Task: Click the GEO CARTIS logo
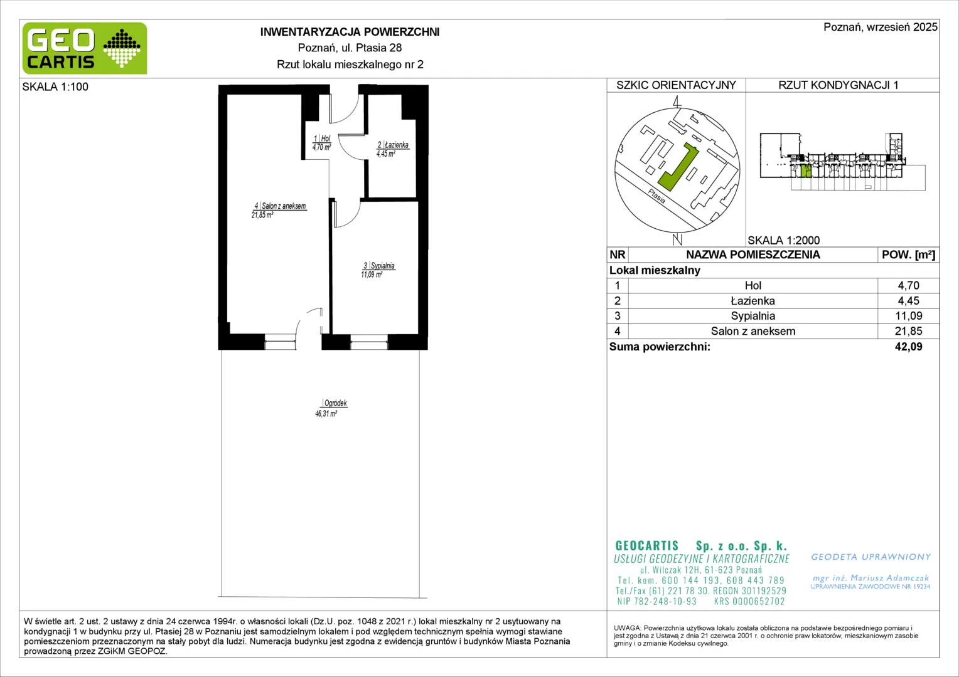85,48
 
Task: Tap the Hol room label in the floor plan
325,138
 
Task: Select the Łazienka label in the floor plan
397,145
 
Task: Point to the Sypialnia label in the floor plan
382,266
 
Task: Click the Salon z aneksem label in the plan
284,206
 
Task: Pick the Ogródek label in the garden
336,403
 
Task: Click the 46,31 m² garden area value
326,414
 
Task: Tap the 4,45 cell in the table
908,301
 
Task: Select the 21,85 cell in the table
908,331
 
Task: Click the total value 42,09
909,347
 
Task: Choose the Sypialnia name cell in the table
753,315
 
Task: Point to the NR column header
618,255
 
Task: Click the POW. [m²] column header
909,255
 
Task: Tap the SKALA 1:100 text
55,87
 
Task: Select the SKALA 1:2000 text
784,240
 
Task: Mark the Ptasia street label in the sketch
656,196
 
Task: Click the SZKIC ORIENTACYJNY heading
676,85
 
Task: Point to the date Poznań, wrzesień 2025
881,27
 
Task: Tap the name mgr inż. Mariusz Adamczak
871,578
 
